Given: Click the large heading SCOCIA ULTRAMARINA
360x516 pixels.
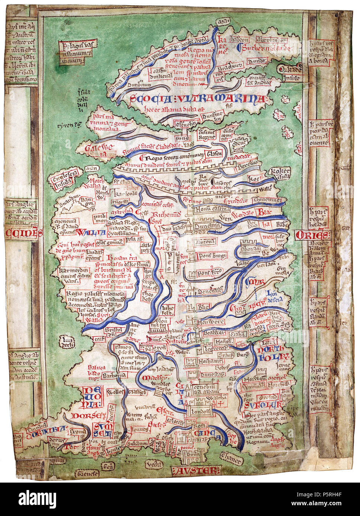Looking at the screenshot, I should tap(198, 99).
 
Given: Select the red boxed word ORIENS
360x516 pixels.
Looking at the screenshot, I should tap(312, 235).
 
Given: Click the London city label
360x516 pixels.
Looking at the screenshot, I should tap(200, 411).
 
